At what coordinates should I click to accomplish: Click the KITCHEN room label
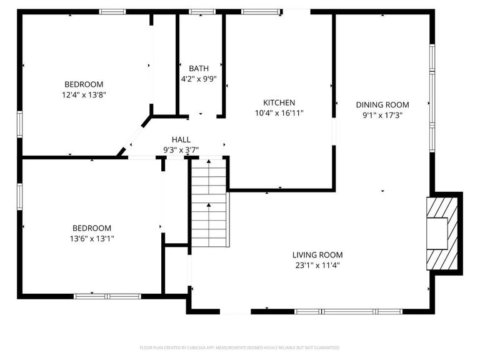coord(279,102)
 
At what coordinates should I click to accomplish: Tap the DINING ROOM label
coord(382,105)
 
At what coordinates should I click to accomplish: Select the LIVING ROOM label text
coord(317,255)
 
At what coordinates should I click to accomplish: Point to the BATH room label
coord(199,69)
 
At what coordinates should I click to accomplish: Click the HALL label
coord(181,139)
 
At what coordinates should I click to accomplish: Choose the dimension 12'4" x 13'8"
coord(84,95)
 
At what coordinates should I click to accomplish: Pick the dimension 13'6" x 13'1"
coord(91,239)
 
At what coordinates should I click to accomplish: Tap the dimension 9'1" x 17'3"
coord(382,115)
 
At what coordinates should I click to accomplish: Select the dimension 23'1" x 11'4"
coord(317,265)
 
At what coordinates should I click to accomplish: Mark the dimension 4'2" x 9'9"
coord(199,79)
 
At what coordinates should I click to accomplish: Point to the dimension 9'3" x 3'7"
coord(181,149)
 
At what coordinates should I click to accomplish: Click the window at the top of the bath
coord(202,11)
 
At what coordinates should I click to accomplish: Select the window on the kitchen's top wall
coord(259,11)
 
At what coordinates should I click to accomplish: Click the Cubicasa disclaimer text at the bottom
coord(240,347)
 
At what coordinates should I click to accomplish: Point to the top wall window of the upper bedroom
coord(112,11)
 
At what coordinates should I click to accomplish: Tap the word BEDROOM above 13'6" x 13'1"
coord(91,228)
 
